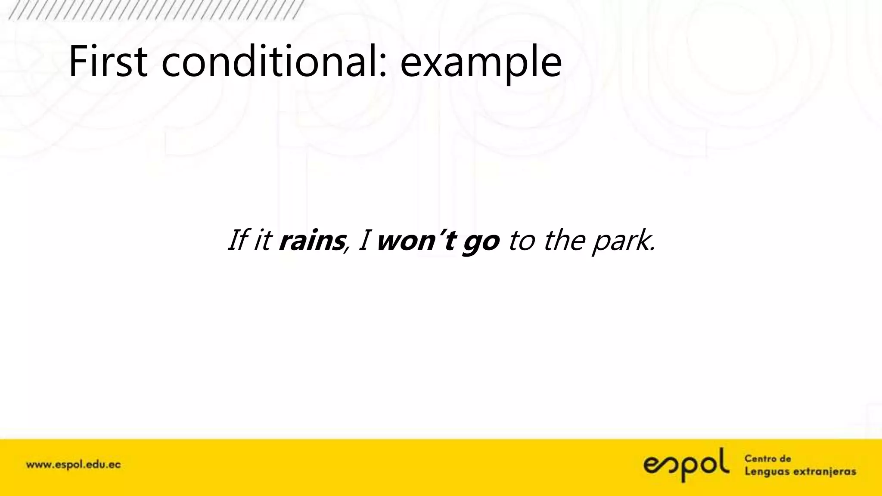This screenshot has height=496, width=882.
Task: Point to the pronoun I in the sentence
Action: tap(363, 240)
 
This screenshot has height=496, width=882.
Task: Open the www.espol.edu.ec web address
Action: tap(74, 465)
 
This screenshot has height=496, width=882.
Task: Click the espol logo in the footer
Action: tap(686, 465)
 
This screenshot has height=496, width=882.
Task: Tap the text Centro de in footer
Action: tap(768, 459)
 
